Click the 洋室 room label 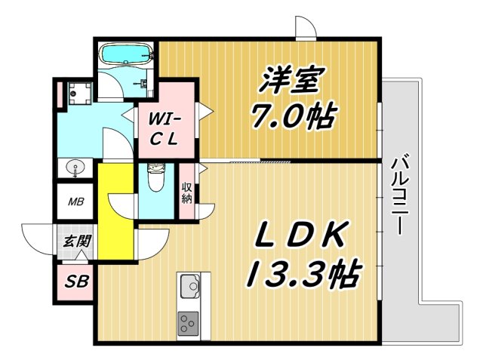294,78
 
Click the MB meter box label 77,202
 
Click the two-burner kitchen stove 188,322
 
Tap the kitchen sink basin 189,287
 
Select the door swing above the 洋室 305,29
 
